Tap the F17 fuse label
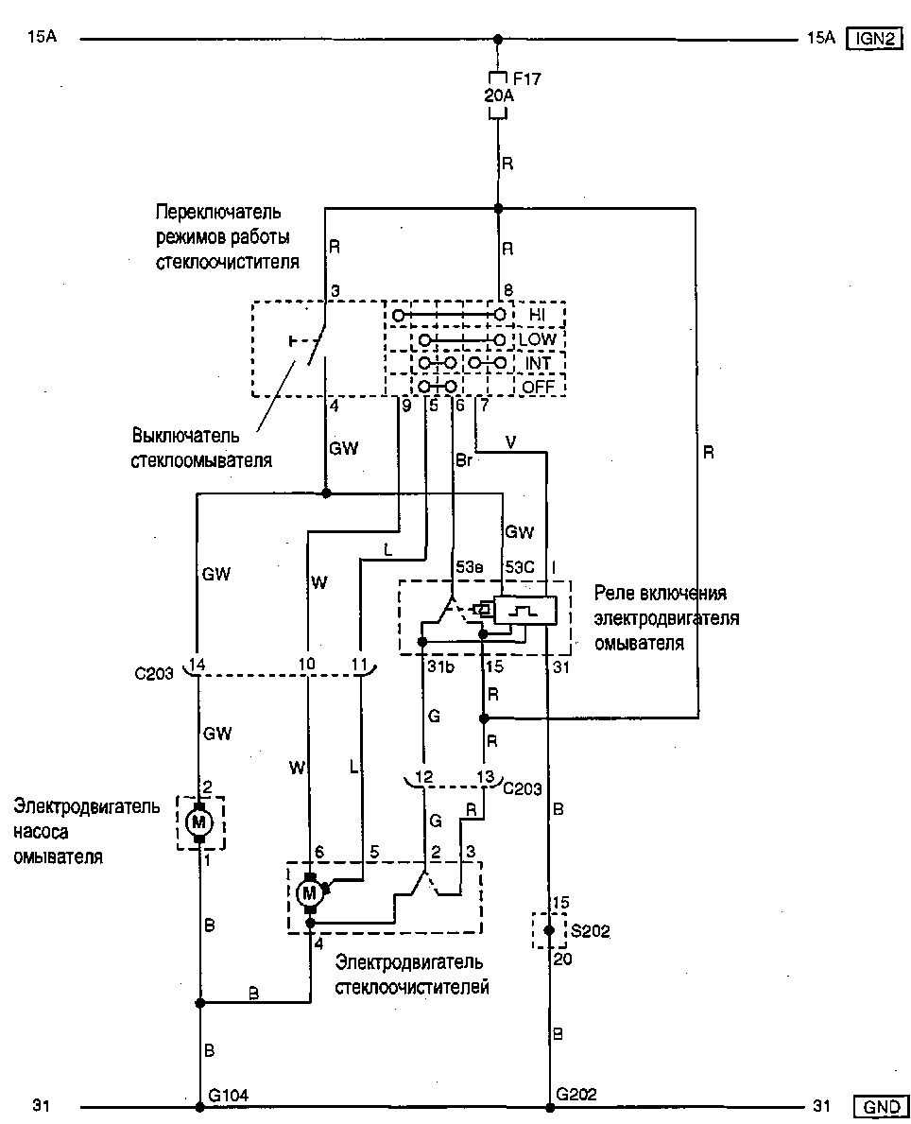[527, 78]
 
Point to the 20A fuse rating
[498, 95]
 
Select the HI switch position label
[538, 314]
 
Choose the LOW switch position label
[540, 338]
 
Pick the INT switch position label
[539, 362]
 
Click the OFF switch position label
[539, 386]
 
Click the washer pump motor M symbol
[199, 822]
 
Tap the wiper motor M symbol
[309, 891]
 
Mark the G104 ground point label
[228, 1096]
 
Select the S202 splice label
[591, 931]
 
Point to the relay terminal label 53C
[519, 567]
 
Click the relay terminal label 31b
[438, 667]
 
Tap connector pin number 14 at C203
[197, 665]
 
